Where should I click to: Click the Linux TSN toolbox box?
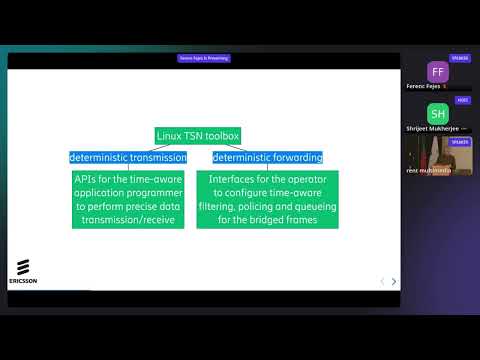click(x=197, y=135)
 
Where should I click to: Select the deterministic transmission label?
click(x=127, y=157)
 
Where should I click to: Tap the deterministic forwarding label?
click(x=267, y=157)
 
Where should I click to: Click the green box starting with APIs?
click(x=128, y=199)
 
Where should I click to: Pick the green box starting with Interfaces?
click(x=267, y=199)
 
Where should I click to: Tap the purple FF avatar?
click(x=436, y=72)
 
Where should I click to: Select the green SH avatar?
click(x=436, y=113)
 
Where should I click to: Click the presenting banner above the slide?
click(x=204, y=59)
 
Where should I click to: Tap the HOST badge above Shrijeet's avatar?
click(x=462, y=100)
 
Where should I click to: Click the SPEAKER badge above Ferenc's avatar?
click(x=460, y=59)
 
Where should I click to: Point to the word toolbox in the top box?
click(x=220, y=135)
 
